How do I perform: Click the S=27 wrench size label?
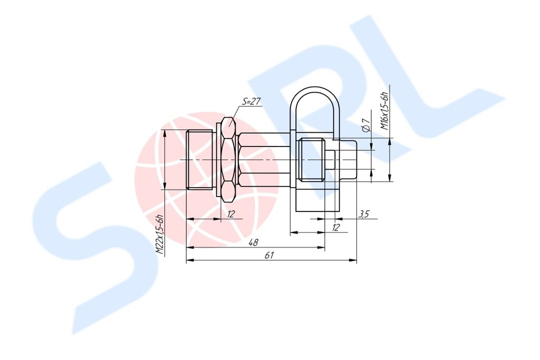[251, 101]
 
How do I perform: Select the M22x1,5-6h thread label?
[159, 235]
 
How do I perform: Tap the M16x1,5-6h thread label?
[384, 111]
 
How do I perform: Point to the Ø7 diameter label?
[366, 125]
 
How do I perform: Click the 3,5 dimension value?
[364, 214]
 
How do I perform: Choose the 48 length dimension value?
[253, 242]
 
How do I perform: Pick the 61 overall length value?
[269, 255]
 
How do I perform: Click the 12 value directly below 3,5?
[336, 227]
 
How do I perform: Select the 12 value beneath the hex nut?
[231, 213]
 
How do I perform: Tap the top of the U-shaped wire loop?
[315, 88]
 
